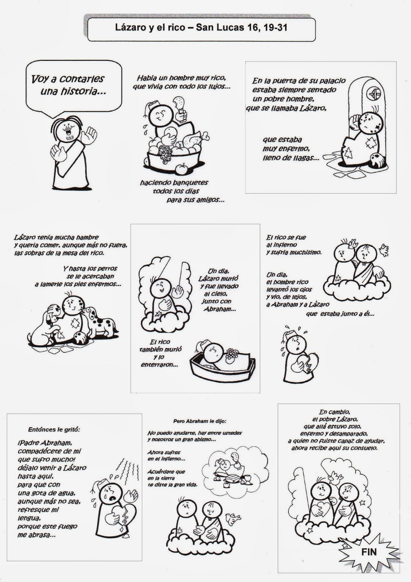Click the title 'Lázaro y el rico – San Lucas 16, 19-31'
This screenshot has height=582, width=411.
click(x=201, y=28)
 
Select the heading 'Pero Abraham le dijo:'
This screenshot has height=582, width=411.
click(x=200, y=421)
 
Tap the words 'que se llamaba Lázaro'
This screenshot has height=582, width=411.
click(x=286, y=108)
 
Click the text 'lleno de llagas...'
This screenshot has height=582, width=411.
click(x=291, y=158)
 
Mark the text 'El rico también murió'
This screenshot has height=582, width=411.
click(x=160, y=346)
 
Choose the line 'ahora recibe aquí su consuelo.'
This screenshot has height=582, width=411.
click(x=334, y=448)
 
